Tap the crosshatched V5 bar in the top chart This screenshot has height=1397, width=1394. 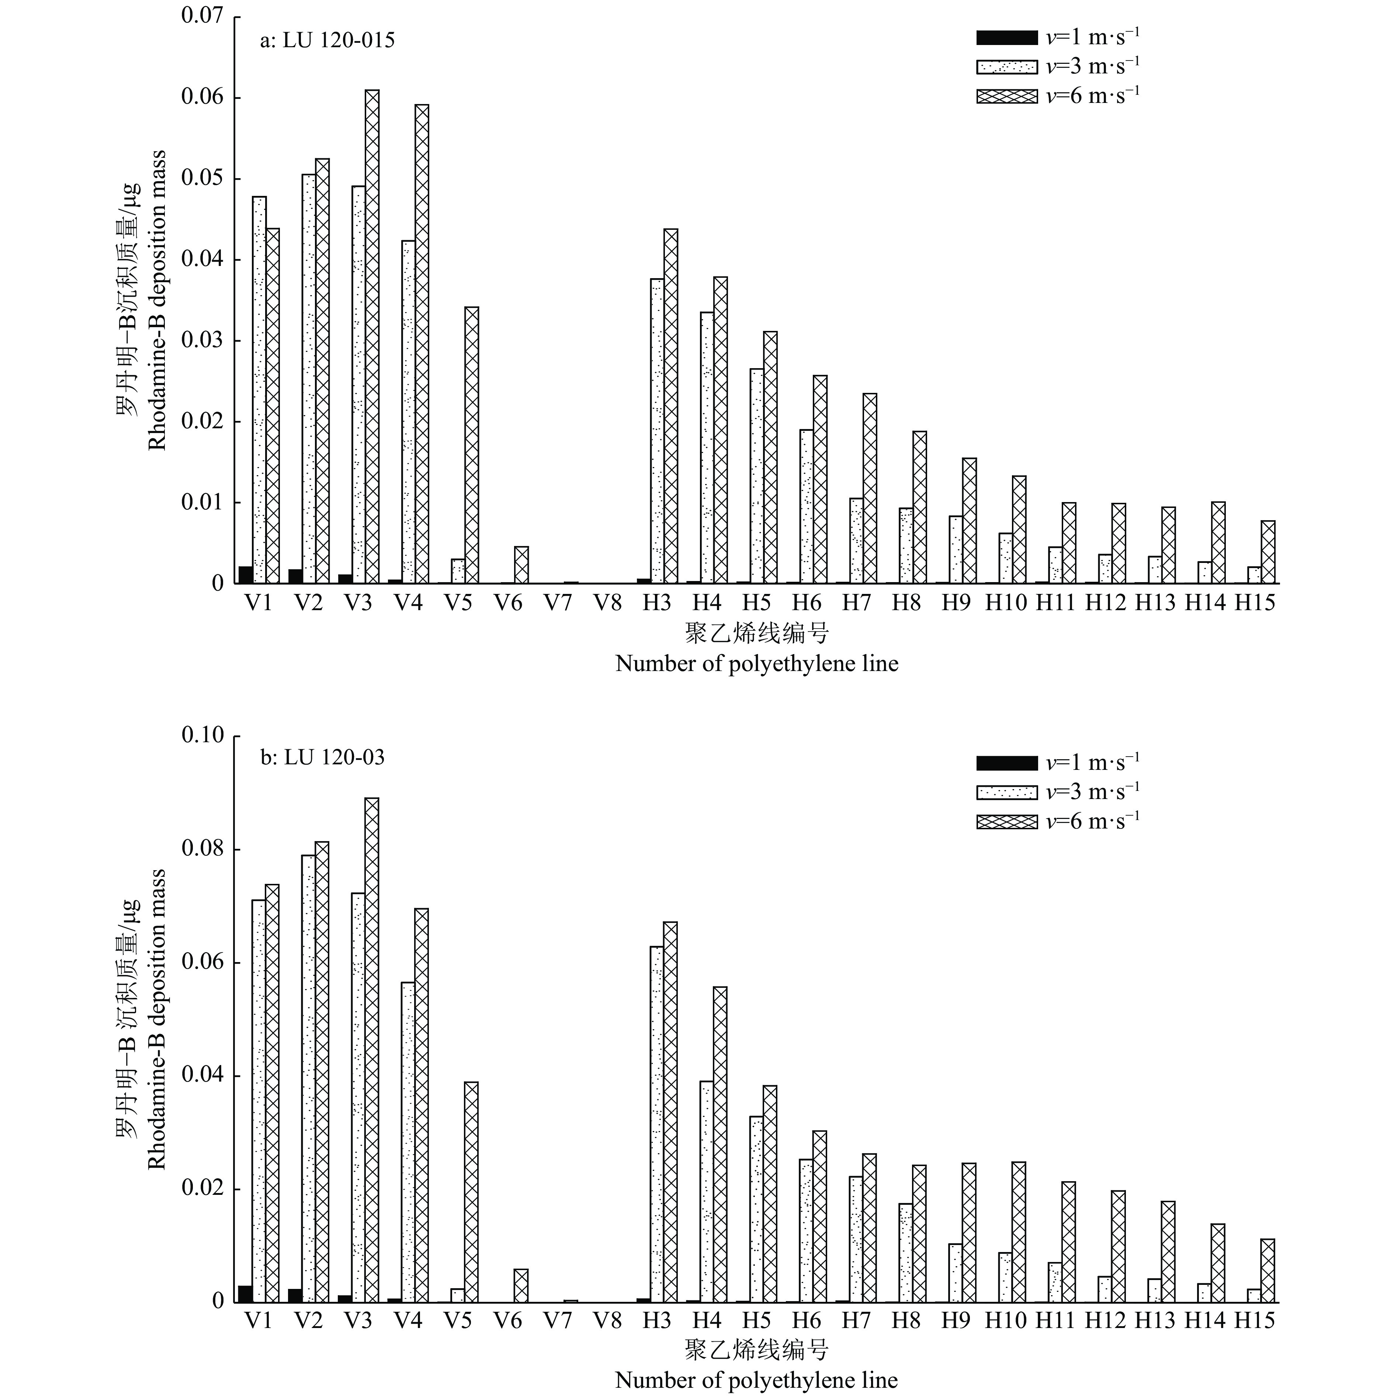(471, 445)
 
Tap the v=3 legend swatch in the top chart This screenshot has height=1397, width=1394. (1006, 66)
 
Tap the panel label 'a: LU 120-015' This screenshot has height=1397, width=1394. (327, 41)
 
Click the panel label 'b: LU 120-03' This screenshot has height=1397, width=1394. (322, 758)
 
